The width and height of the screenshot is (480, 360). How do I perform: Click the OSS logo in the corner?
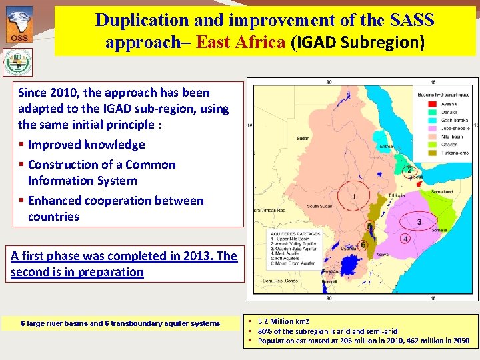click(x=19, y=25)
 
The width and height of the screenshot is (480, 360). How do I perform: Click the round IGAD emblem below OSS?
click(x=17, y=63)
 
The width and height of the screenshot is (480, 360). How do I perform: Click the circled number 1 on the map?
click(x=353, y=197)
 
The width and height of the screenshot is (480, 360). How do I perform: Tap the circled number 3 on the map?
click(x=419, y=221)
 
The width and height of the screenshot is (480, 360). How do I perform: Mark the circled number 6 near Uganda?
click(x=363, y=245)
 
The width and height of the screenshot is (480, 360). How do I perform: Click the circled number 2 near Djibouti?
click(x=409, y=170)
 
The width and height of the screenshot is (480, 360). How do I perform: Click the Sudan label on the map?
click(x=303, y=139)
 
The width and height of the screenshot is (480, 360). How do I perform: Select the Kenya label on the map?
click(x=384, y=254)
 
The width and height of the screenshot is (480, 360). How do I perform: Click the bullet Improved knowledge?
click(x=86, y=145)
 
